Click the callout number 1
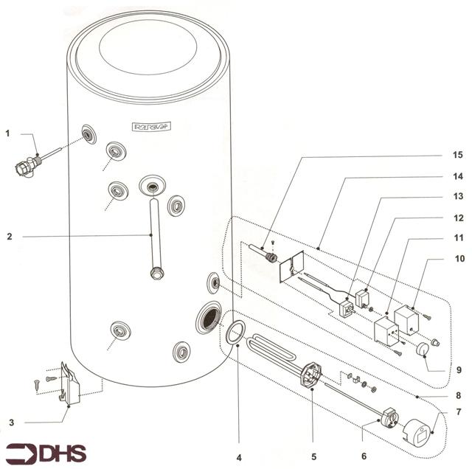point(7,133)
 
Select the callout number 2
point(7,237)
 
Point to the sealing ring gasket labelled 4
point(234,333)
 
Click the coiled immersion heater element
point(273,350)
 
